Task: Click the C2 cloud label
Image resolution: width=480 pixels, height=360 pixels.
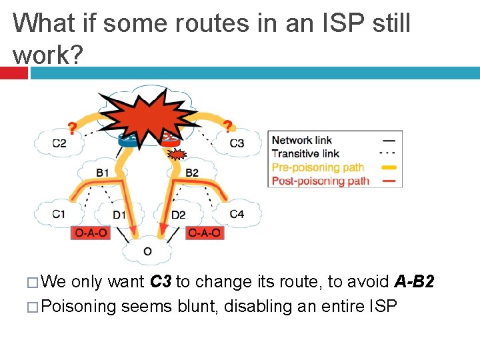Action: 59,143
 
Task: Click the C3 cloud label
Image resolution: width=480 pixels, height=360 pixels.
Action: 237,143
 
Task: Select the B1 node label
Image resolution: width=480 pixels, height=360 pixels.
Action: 102,173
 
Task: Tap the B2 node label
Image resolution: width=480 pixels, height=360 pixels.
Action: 191,173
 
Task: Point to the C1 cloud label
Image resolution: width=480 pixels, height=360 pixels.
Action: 59,214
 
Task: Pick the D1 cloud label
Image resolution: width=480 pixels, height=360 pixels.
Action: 119,214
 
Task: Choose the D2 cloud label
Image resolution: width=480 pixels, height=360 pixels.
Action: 178,214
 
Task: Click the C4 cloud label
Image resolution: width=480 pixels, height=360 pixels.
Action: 237,214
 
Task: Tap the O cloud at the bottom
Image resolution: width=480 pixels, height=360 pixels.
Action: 147,251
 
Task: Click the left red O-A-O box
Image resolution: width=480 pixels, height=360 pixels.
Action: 89,233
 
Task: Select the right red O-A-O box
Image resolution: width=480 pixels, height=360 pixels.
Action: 204,233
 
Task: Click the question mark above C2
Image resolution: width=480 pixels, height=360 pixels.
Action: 72,127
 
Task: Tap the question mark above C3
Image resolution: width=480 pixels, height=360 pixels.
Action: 228,126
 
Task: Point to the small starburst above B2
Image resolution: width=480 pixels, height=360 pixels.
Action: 177,155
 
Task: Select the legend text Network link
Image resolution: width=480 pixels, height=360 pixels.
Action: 301,140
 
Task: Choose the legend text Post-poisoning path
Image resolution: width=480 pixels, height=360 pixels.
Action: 320,181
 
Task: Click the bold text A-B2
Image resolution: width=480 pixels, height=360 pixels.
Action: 414,282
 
